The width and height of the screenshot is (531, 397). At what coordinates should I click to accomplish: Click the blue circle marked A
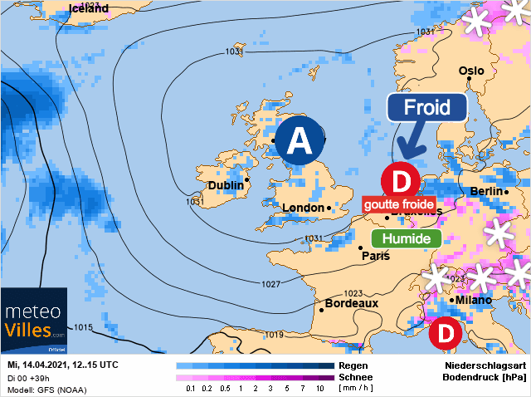click(x=300, y=142)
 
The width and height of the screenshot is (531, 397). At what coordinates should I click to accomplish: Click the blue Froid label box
click(x=427, y=108)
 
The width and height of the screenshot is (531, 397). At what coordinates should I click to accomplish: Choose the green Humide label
click(x=405, y=239)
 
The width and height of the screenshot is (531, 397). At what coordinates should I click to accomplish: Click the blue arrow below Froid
click(x=410, y=142)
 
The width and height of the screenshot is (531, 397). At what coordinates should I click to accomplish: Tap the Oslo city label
click(x=471, y=71)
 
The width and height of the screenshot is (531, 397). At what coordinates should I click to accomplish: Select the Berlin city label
click(x=487, y=192)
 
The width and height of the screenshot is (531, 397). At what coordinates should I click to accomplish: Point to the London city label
click(x=304, y=208)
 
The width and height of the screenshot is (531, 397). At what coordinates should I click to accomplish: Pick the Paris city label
click(x=375, y=257)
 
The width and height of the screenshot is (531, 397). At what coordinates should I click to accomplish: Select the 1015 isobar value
click(x=83, y=328)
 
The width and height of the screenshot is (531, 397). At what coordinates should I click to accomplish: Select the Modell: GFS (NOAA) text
click(x=46, y=389)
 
